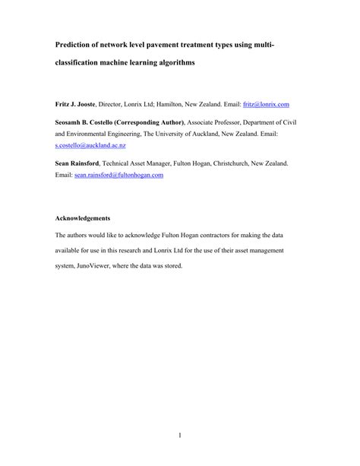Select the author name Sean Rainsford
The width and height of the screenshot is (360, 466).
point(78,163)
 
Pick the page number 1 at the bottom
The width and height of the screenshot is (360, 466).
point(180,435)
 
